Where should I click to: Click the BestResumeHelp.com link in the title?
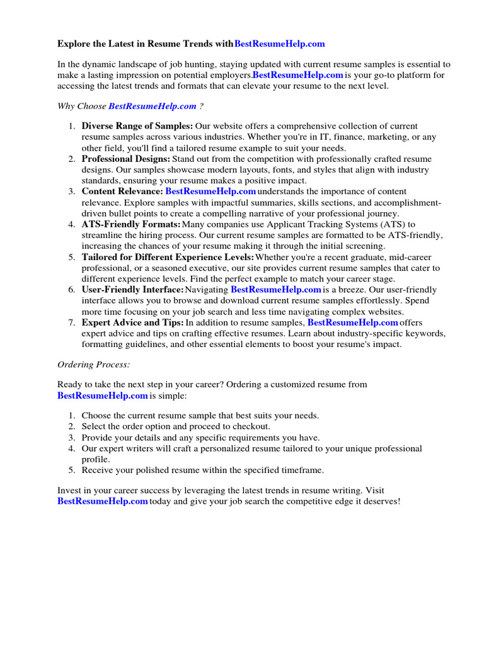tap(280, 43)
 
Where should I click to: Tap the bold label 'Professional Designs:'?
tap(126, 159)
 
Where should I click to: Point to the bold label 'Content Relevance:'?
tap(122, 191)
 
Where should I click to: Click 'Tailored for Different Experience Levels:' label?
tap(168, 257)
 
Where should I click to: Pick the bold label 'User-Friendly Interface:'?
tap(132, 290)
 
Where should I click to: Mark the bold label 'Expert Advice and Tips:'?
tap(132, 322)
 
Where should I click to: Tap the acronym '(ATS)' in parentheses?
tap(391, 224)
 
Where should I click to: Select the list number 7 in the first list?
tap(71, 322)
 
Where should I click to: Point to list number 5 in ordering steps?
tap(71, 470)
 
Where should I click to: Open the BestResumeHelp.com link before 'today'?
tap(103, 501)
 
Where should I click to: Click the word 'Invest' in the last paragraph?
tap(69, 490)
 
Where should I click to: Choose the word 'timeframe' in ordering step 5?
tap(304, 470)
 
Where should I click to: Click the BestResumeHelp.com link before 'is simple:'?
tap(103, 396)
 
